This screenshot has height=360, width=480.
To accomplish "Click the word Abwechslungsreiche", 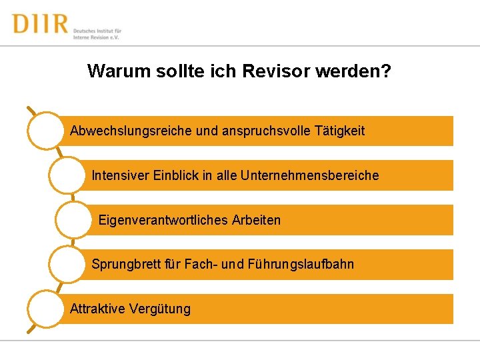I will coord(131,131).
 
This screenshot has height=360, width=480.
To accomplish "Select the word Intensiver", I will coord(120,175).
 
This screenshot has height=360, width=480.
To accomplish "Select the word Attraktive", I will coord(97,309).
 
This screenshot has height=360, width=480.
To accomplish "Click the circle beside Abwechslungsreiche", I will coord(45,130).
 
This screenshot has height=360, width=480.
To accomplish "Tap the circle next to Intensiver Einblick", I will coord(67,175).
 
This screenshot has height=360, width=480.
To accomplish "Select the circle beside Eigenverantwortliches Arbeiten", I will coord(73,219).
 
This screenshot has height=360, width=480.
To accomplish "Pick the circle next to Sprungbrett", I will coord(67,264).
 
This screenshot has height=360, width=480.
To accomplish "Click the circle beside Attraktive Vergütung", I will coord(45,309).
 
